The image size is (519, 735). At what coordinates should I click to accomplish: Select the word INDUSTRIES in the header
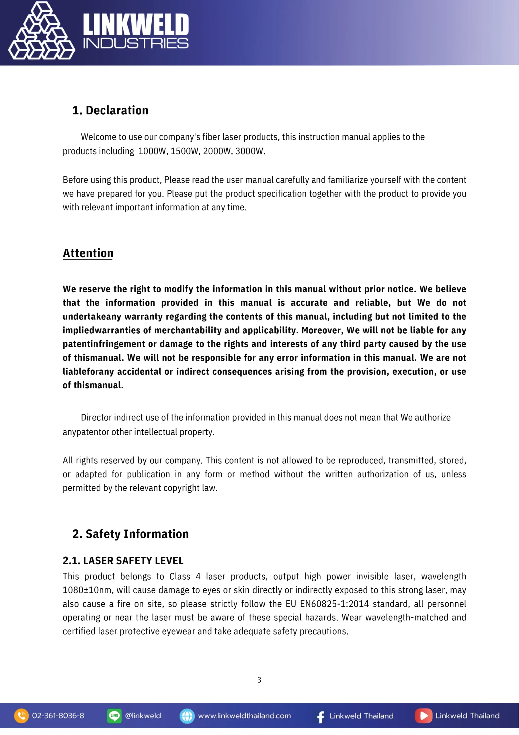(x=136, y=44)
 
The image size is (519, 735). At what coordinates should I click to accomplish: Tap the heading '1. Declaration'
(x=110, y=111)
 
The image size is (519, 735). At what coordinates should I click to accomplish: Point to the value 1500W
(x=184, y=151)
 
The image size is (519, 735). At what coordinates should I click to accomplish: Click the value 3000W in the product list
(x=250, y=151)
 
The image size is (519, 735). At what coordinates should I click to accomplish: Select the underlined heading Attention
(x=88, y=253)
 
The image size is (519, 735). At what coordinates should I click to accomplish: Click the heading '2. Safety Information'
(x=130, y=534)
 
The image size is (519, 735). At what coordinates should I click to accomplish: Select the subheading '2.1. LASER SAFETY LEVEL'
(x=123, y=560)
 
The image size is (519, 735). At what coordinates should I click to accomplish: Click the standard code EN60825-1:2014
(x=334, y=604)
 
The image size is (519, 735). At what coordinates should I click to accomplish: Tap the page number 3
(x=259, y=680)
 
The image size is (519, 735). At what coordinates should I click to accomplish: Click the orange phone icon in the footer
(x=22, y=716)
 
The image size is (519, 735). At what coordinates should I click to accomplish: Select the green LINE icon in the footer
(x=114, y=716)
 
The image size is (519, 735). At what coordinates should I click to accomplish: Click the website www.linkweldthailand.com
(x=244, y=716)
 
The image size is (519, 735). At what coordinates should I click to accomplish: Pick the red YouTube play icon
(x=424, y=716)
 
